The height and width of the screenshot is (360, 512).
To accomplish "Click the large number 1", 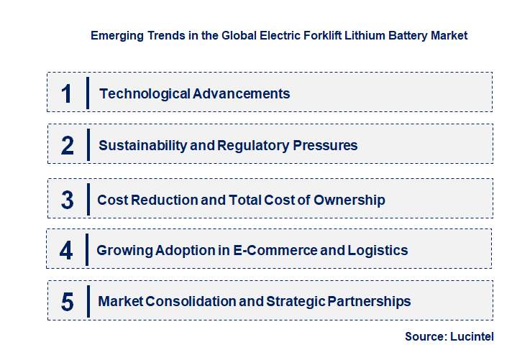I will (66, 93).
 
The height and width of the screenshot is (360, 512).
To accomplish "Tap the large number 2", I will (67, 145).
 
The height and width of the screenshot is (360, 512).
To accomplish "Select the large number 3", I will (67, 200).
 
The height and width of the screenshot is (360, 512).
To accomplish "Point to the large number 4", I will (66, 251).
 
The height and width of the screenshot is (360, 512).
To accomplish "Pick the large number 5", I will (67, 302).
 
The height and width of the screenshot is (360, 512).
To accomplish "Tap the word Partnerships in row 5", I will (368, 301).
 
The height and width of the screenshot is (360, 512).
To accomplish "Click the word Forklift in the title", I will (305, 34).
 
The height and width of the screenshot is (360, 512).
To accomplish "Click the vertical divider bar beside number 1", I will (88, 93).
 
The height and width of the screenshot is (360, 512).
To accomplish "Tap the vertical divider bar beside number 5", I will (88, 302).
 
